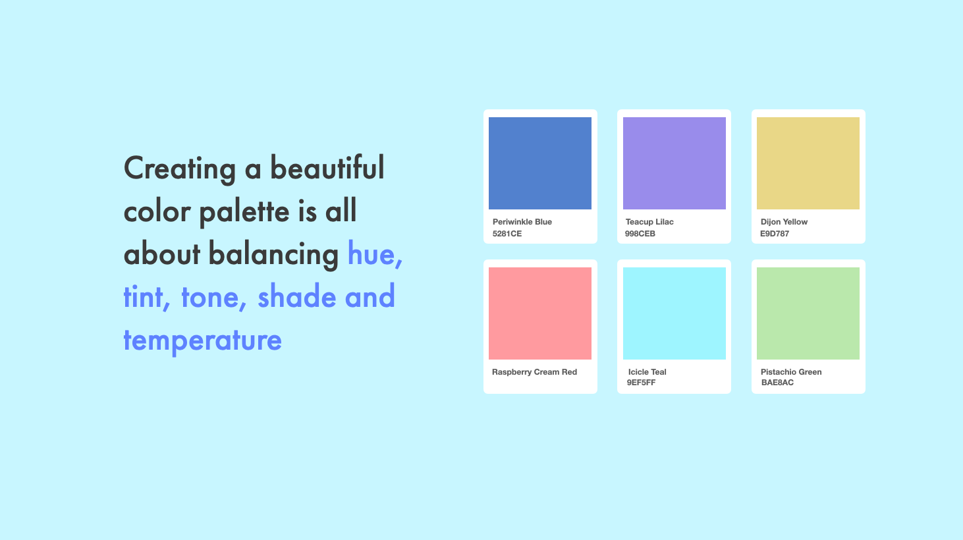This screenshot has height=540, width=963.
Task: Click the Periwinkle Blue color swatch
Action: tap(540, 163)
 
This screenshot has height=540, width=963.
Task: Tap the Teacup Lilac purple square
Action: tap(674, 163)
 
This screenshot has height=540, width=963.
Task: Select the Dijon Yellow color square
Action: tap(808, 163)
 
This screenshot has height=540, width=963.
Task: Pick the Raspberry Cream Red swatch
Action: tap(540, 313)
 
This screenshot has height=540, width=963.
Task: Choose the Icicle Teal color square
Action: tap(674, 313)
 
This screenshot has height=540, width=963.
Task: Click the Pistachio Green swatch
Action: tap(808, 313)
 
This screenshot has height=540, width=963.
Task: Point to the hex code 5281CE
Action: tap(507, 234)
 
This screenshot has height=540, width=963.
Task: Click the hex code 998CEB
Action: tap(640, 234)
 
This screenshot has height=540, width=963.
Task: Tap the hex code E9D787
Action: tap(775, 234)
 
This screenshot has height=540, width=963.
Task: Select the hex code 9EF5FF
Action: tap(642, 383)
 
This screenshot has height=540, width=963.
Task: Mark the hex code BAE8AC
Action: tap(777, 383)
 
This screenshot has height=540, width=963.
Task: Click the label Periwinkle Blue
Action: tap(522, 222)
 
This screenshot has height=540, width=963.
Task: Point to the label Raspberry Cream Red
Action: tap(534, 372)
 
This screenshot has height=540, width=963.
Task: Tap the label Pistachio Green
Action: tap(791, 372)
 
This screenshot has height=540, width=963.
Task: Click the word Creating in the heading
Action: tap(180, 169)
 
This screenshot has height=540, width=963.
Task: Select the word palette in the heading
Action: tap(244, 211)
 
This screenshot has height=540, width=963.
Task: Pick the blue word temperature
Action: tap(202, 340)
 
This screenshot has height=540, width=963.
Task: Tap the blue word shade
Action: tap(296, 296)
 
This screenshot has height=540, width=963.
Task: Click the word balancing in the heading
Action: tap(274, 254)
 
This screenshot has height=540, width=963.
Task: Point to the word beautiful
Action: tap(327, 167)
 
